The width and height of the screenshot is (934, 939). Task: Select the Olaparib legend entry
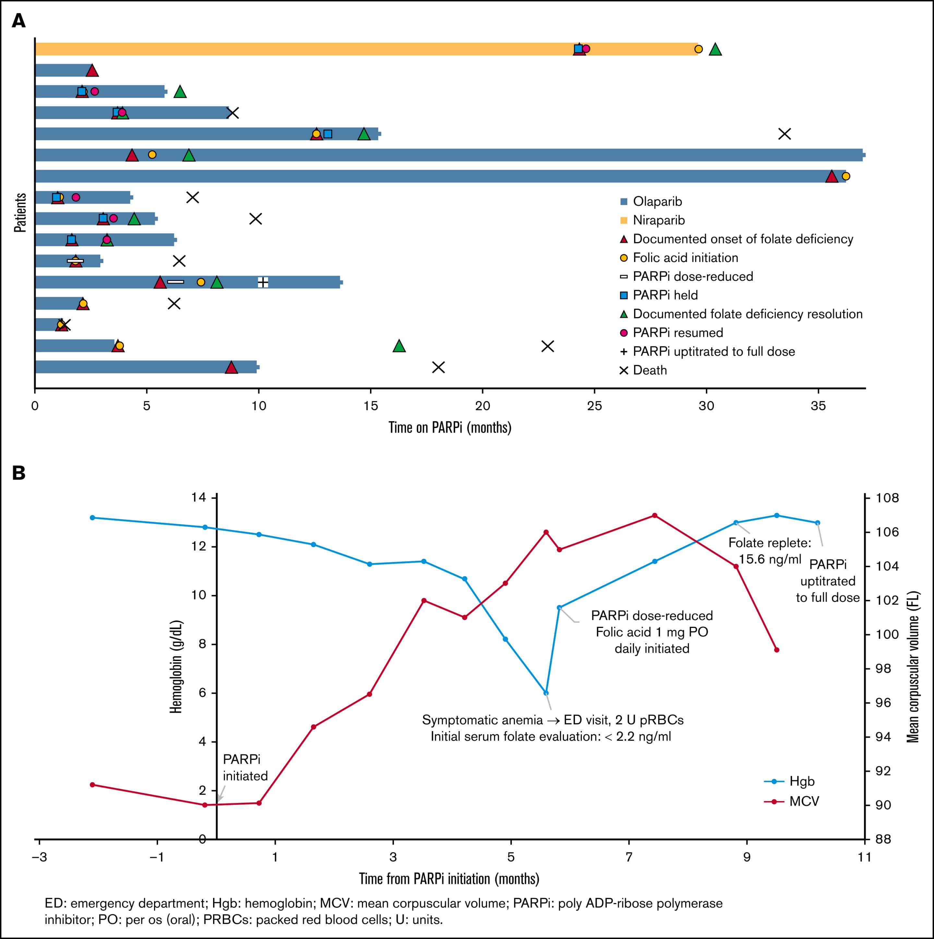(x=651, y=201)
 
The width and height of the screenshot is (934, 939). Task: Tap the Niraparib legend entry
(x=653, y=220)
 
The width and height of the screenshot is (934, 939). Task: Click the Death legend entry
(x=643, y=370)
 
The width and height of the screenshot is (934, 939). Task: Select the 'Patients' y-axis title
(x=20, y=213)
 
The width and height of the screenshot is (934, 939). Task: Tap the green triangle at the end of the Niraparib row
(x=715, y=49)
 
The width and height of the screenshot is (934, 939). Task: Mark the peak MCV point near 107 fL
(x=654, y=515)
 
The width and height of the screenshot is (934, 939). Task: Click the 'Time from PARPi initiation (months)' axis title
(x=449, y=879)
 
